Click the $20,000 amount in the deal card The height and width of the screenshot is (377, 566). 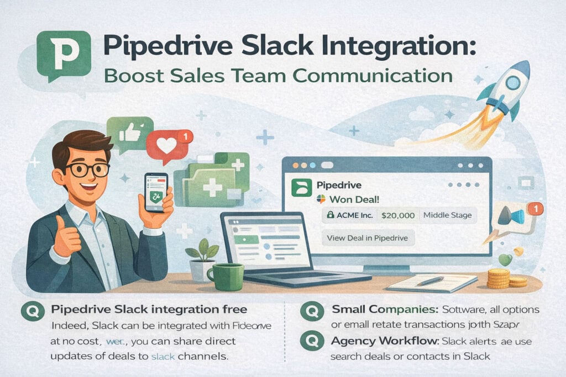tap(398, 215)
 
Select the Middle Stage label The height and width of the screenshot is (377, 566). tap(447, 215)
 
